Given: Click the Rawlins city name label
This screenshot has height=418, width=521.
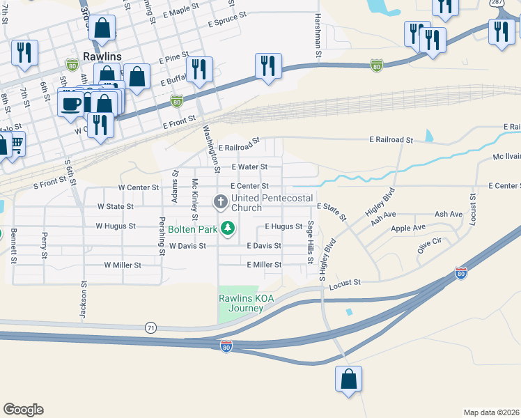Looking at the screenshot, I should [102, 56].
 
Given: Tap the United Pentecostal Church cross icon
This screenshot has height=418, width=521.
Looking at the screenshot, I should [221, 203].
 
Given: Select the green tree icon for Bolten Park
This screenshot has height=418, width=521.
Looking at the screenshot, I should [227, 228].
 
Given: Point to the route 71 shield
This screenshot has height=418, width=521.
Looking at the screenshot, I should [150, 327].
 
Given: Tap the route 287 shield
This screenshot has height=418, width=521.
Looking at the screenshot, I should [497, 3].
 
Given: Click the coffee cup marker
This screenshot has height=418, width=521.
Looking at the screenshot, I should [70, 104].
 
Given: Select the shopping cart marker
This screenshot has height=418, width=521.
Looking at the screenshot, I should [14, 145].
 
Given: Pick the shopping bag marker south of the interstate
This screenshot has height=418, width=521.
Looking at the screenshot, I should [348, 380].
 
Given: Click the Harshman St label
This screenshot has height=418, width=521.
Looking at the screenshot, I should [318, 35].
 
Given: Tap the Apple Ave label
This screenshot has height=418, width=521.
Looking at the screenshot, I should [408, 228].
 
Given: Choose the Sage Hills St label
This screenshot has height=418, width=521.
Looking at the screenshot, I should [310, 242].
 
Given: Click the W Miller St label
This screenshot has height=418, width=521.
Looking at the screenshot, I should [123, 265].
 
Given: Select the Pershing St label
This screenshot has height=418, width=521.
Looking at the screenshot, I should [161, 236].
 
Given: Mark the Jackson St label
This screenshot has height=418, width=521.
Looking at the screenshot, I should [83, 300].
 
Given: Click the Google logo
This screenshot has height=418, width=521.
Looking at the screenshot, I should [23, 410].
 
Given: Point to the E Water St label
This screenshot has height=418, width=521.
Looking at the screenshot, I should [249, 167].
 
